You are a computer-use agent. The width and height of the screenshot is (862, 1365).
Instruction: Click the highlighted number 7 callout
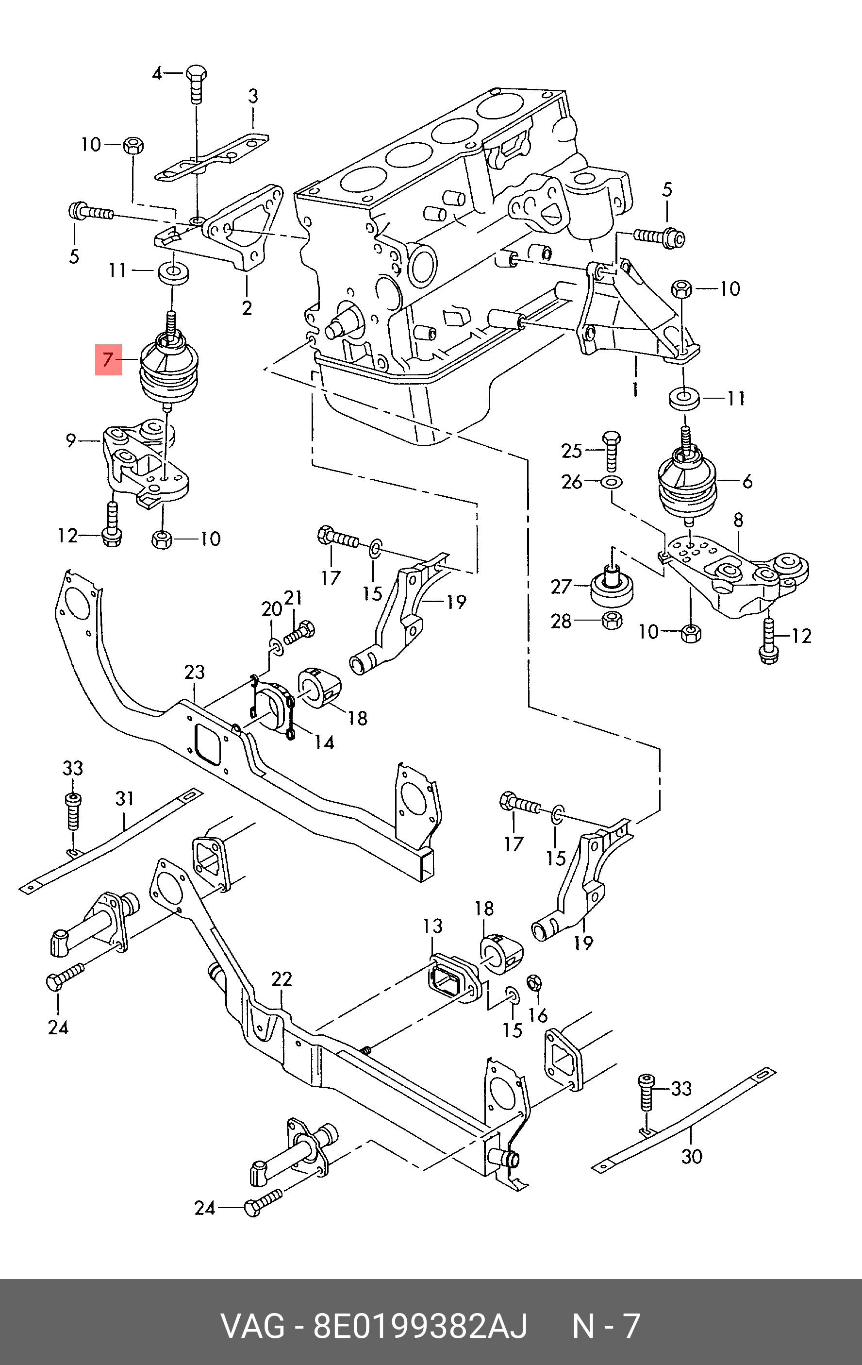pyautogui.click(x=108, y=359)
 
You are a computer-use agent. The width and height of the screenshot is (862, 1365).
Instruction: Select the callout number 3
pyautogui.click(x=253, y=96)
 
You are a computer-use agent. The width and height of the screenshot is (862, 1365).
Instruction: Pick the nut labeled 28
pyautogui.click(x=612, y=620)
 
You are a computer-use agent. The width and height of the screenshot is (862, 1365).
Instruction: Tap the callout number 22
pyautogui.click(x=281, y=979)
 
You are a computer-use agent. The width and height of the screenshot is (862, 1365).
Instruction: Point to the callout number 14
pyautogui.click(x=324, y=742)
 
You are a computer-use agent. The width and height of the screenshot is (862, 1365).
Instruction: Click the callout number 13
pyautogui.click(x=432, y=926)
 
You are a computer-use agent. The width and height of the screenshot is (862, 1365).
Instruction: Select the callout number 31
pyautogui.click(x=124, y=799)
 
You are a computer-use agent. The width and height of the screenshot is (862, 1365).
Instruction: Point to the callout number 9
pyautogui.click(x=70, y=440)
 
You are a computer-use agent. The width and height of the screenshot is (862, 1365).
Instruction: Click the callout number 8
pyautogui.click(x=738, y=520)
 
